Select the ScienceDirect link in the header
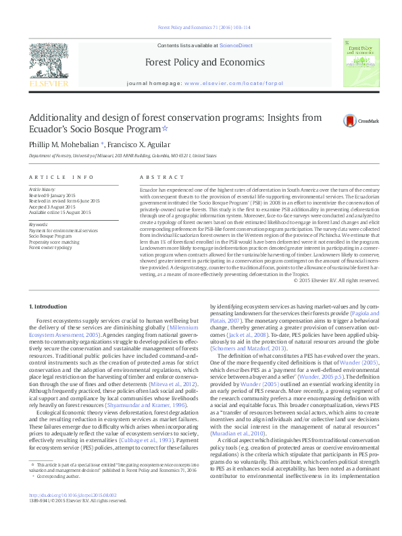click(236, 45)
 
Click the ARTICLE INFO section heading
click(61, 178)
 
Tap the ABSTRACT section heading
click(156, 178)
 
